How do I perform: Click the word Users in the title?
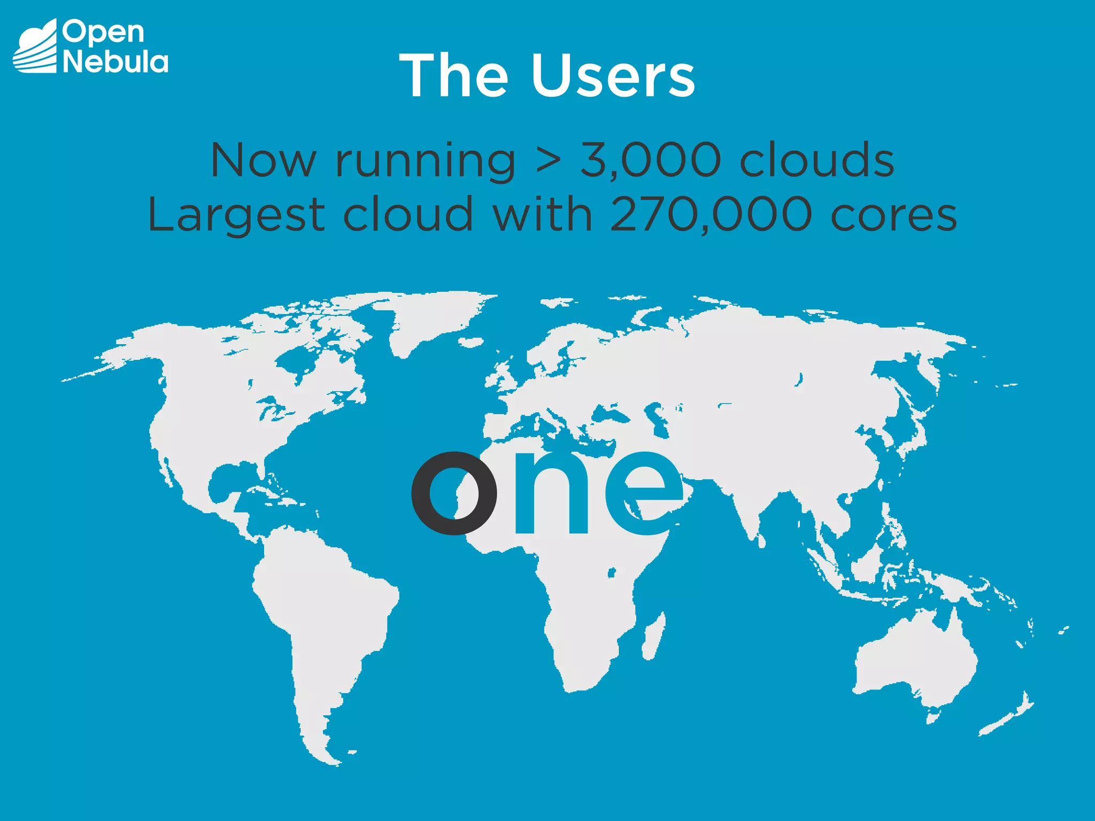pos(613,76)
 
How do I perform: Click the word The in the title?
pos(454,76)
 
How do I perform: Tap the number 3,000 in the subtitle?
pos(650,160)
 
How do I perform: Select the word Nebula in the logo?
pos(115,62)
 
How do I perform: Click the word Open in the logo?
pos(103,33)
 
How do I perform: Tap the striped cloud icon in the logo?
pos(35,47)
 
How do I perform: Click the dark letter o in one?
pos(454,493)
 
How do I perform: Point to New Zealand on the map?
pos(1011,716)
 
